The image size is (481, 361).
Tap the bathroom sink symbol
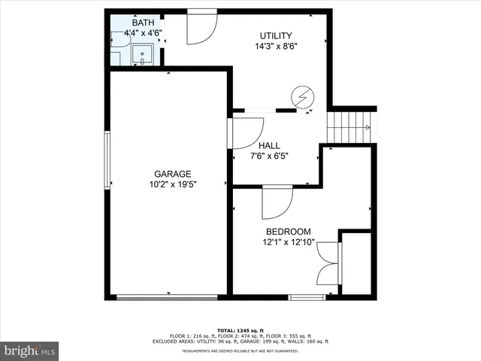coord(141,54)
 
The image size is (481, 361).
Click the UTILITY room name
coord(276,35)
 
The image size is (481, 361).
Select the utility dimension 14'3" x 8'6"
coord(276,46)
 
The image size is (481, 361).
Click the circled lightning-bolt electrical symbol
coord(302,97)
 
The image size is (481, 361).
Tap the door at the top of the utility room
coord(201,26)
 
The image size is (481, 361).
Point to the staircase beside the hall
coord(350,126)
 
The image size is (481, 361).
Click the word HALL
coord(269,145)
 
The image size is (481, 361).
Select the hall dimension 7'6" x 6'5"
coord(269,156)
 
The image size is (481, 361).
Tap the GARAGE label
coord(173,173)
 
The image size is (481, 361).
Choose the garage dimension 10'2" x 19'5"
coord(173,184)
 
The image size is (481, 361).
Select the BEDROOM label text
coord(289,232)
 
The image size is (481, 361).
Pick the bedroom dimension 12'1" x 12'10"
coord(289,242)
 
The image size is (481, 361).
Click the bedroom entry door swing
coord(277,201)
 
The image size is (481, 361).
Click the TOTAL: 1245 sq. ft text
coord(240,330)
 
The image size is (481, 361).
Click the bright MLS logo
coord(30,350)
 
